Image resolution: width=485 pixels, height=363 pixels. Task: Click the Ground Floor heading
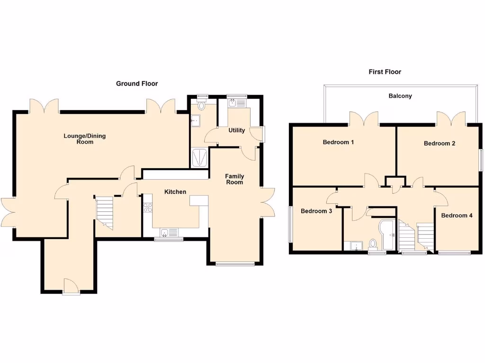(137, 84)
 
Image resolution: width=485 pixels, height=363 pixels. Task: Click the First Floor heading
(385, 72)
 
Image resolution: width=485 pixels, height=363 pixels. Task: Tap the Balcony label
(400, 96)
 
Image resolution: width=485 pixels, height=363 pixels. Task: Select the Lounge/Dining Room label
(85, 138)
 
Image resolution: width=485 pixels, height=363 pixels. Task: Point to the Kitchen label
(175, 192)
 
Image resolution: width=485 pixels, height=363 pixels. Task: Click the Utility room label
(236, 130)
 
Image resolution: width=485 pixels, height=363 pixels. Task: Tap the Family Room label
(234, 179)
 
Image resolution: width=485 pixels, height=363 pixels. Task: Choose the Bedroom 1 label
(338, 142)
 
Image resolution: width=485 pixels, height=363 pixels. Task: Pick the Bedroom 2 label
(440, 143)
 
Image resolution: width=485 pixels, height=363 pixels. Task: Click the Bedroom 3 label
(316, 211)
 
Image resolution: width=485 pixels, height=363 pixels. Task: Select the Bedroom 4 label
(457, 216)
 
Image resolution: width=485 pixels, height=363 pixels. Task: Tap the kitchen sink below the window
(168, 232)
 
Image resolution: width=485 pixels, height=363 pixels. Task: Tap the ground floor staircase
(105, 212)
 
